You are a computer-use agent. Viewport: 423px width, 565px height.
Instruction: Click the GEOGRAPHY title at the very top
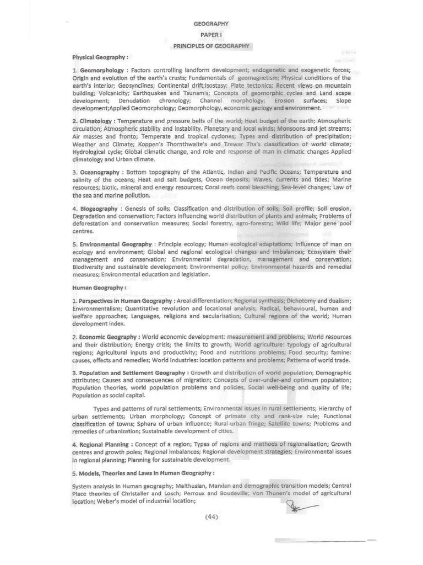[x=211, y=24]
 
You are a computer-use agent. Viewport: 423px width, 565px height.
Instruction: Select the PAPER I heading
[x=211, y=35]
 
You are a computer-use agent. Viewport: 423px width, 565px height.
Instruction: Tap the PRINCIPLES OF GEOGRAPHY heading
[x=211, y=46]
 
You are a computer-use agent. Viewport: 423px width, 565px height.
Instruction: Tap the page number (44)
[x=212, y=517]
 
